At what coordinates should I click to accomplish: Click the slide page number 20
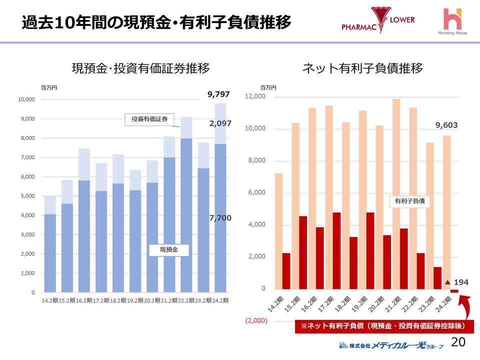(458, 342)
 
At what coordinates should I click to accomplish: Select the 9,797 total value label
(218, 94)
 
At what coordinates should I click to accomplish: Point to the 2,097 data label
(220, 122)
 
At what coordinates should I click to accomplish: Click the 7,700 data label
(220, 218)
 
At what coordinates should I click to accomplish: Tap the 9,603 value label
(446, 125)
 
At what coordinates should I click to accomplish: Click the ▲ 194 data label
(457, 282)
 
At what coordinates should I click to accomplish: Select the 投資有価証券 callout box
(149, 119)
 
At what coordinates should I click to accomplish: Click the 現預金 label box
(168, 249)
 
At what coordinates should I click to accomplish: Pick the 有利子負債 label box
(409, 201)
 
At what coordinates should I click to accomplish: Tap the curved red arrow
(467, 307)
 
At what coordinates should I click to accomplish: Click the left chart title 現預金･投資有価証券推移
(140, 68)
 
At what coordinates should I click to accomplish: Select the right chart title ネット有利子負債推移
(362, 68)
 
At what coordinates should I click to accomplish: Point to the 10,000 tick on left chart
(26, 99)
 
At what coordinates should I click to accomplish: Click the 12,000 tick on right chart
(255, 97)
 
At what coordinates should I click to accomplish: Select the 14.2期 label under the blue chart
(50, 300)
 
